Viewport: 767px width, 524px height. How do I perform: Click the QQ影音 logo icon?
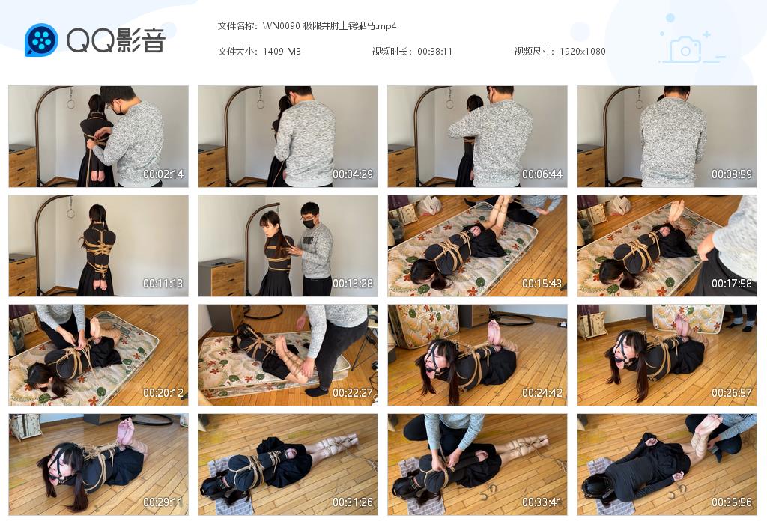(41, 40)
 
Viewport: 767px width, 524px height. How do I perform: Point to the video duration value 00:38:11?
(434, 52)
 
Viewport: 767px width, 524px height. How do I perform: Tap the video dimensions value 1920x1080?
(582, 52)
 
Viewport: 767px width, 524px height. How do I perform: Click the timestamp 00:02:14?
(163, 174)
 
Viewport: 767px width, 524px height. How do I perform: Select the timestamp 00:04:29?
(353, 174)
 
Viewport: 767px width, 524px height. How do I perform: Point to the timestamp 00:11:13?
(163, 284)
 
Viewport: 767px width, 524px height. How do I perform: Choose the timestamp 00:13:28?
(353, 284)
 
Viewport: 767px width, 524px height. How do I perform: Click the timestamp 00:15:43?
(542, 284)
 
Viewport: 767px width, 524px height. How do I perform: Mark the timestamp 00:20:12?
(163, 393)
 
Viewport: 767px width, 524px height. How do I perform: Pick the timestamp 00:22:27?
(353, 393)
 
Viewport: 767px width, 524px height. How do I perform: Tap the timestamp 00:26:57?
(732, 393)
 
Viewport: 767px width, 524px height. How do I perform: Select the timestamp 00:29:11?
(163, 502)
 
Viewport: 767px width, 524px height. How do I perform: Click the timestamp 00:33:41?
(542, 502)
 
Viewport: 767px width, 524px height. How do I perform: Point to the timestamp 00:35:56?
(732, 502)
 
